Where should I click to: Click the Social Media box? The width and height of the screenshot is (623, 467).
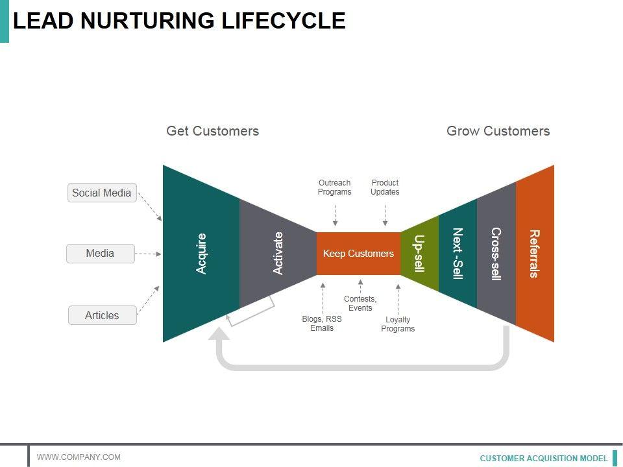(102, 193)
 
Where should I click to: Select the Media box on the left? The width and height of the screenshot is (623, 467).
(101, 254)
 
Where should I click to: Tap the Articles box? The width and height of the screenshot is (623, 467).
(103, 315)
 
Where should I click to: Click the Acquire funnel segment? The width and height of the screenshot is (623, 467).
(201, 254)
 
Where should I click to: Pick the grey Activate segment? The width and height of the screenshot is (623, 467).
(278, 254)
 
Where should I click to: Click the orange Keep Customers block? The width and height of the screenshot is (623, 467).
(358, 254)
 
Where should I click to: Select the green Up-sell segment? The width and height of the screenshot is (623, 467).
(420, 254)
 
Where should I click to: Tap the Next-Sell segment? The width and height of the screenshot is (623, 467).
(458, 254)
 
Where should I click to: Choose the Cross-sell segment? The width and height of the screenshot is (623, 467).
(496, 254)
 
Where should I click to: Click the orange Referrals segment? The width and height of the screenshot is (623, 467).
(535, 254)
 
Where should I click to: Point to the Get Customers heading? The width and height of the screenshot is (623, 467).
(213, 131)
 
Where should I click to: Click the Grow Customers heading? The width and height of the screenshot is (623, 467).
(498, 131)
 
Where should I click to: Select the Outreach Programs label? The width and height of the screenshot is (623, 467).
(335, 187)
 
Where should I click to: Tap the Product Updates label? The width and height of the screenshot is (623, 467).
(385, 187)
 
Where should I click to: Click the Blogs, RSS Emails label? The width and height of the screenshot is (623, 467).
(322, 324)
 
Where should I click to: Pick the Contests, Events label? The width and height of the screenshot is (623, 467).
(360, 304)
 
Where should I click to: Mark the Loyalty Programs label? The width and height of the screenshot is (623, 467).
(398, 324)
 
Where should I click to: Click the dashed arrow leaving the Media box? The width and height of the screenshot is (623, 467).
(148, 254)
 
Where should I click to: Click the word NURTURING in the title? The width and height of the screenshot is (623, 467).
(147, 21)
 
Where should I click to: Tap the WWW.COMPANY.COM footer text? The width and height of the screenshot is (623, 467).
(79, 457)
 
